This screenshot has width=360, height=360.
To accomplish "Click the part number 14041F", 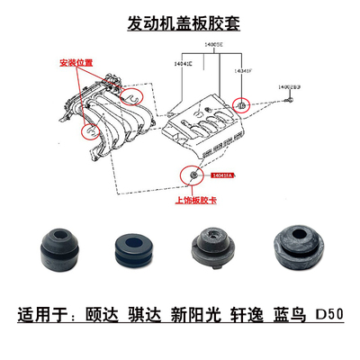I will point(244,68).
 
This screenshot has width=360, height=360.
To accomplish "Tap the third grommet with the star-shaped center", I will point(208,254).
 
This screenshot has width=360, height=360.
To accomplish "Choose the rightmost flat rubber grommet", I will point(294,253).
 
